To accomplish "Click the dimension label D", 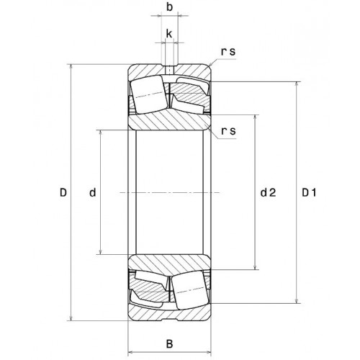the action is (63, 192).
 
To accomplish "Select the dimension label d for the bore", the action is (93, 192).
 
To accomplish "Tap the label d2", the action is (269, 192).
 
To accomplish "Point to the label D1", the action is (309, 192).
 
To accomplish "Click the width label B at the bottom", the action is (169, 344).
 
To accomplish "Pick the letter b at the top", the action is (169, 7).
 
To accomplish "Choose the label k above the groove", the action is (169, 34).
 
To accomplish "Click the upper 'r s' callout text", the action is (228, 51).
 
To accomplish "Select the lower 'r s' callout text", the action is (228, 131).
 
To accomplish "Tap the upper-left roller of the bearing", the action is (148, 94).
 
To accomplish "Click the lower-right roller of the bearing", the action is (190, 290).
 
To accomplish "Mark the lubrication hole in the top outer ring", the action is (170, 71).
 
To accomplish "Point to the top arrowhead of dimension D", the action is (71, 67).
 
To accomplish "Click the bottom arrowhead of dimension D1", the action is (297, 300).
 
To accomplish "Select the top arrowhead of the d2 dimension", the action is (256, 118).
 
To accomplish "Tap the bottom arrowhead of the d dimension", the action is (101, 251).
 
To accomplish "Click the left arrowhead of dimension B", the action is (131, 352).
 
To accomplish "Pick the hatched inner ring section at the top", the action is (169, 122).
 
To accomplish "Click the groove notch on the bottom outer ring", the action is (169, 319).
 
